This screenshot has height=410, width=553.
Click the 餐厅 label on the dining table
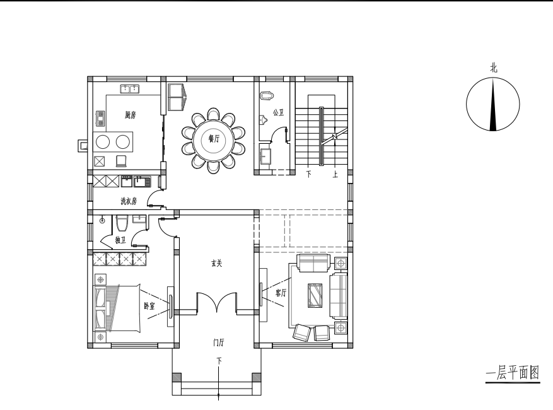tap(214, 139)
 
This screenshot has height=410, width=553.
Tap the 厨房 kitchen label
tap(130, 115)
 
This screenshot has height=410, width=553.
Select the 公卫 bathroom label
tap(278, 112)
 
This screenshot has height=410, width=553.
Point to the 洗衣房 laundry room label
tap(129, 201)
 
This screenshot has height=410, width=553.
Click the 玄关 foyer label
tap(216, 263)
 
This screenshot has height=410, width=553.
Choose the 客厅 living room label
tap(281, 293)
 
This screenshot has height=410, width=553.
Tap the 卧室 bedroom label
tap(149, 305)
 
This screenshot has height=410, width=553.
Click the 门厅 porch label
tap(219, 343)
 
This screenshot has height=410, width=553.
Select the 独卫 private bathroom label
tap(120, 240)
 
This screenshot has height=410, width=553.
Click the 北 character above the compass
tap(493, 67)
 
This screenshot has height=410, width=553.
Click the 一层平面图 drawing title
tap(513, 373)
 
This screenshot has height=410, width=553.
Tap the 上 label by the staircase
tap(335, 174)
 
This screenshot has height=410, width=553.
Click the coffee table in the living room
tap(315, 296)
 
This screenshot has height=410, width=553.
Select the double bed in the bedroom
tap(117, 308)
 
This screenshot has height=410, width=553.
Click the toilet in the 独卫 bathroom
tap(122, 223)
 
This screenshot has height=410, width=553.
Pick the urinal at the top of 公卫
tap(267, 96)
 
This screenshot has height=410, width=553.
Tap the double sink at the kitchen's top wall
tap(129, 89)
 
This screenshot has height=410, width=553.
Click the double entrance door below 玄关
tap(216, 302)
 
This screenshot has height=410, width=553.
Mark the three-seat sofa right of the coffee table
tap(338, 296)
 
